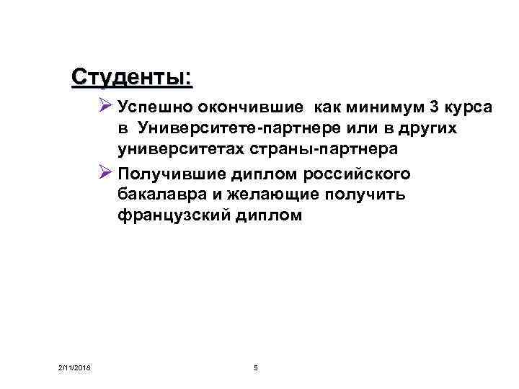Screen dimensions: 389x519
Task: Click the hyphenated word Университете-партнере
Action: pyautogui.click(x=218, y=129)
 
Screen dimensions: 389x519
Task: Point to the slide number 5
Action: pyautogui.click(x=257, y=369)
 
